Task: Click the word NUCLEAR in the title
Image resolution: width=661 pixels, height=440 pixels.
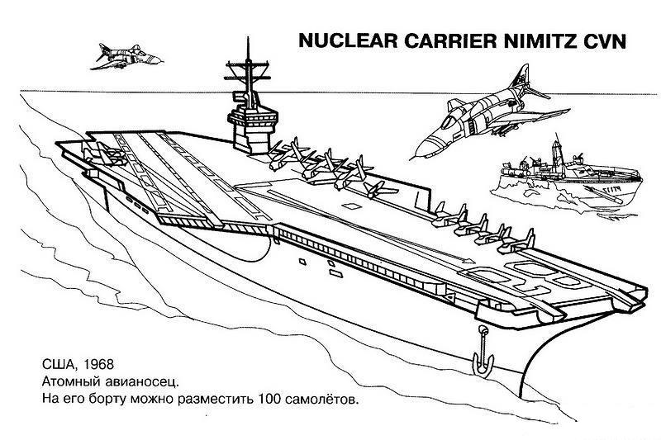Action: click(348, 41)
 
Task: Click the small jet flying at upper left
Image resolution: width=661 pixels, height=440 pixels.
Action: click(126, 56)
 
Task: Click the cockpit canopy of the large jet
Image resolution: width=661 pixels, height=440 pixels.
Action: click(449, 121)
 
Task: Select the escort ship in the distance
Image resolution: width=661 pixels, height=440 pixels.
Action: click(568, 177)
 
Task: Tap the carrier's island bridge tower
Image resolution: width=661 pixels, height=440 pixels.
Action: click(252, 129)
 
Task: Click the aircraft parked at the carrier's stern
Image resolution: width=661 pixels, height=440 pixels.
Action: click(106, 154)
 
